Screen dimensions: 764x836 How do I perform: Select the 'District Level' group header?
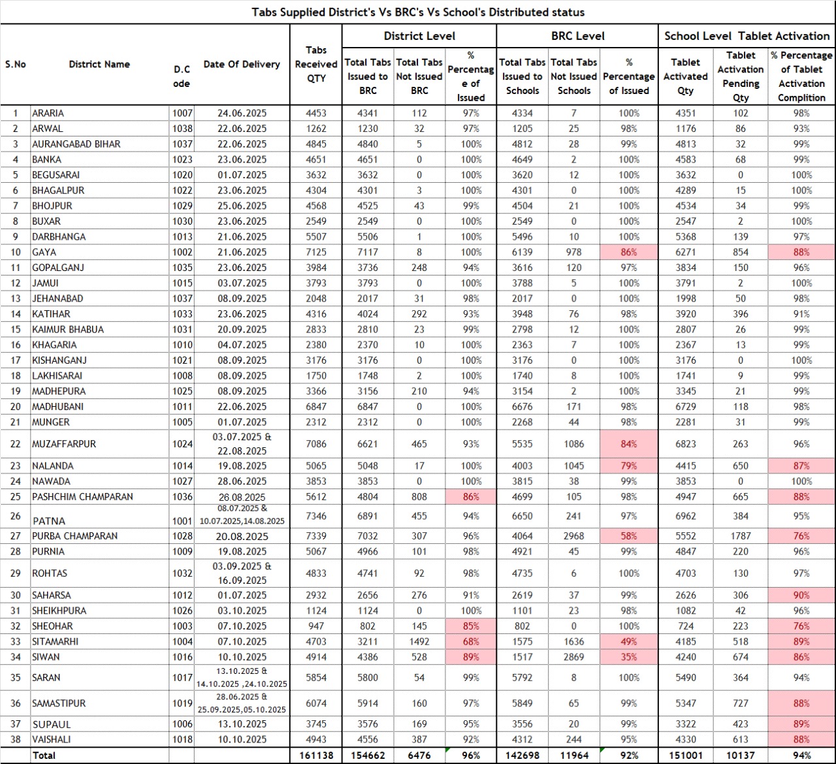pyautogui.click(x=419, y=36)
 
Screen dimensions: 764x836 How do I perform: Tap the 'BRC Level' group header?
pyautogui.click(x=578, y=36)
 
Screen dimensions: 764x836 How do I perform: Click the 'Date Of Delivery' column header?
pyautogui.click(x=242, y=64)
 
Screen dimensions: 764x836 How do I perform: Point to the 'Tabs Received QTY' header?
pyautogui.click(x=316, y=64)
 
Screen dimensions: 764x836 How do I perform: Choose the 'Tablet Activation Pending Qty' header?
pyautogui.click(x=741, y=76)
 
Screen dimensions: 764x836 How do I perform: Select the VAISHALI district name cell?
pyautogui.click(x=52, y=740)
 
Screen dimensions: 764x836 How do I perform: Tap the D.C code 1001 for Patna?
pyautogui.click(x=182, y=521)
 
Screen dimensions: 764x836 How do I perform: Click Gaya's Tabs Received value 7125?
pyautogui.click(x=316, y=252)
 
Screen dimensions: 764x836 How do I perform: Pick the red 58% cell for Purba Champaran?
pyautogui.click(x=629, y=536)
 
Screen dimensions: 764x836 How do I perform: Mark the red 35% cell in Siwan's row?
pyautogui.click(x=629, y=658)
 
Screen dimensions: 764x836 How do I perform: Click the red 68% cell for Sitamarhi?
pyautogui.click(x=471, y=642)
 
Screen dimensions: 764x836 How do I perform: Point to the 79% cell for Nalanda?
pyautogui.click(x=629, y=466)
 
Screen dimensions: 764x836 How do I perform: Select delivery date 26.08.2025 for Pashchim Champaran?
pyautogui.click(x=242, y=497)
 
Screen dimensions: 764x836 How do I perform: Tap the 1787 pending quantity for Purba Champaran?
pyautogui.click(x=741, y=536)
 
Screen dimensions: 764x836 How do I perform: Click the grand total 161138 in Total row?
pyautogui.click(x=316, y=756)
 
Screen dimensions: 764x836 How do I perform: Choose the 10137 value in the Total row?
pyautogui.click(x=741, y=756)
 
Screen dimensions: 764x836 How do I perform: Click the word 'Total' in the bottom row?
pyautogui.click(x=44, y=756)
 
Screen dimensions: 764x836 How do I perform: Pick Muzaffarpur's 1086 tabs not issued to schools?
pyautogui.click(x=574, y=444)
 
